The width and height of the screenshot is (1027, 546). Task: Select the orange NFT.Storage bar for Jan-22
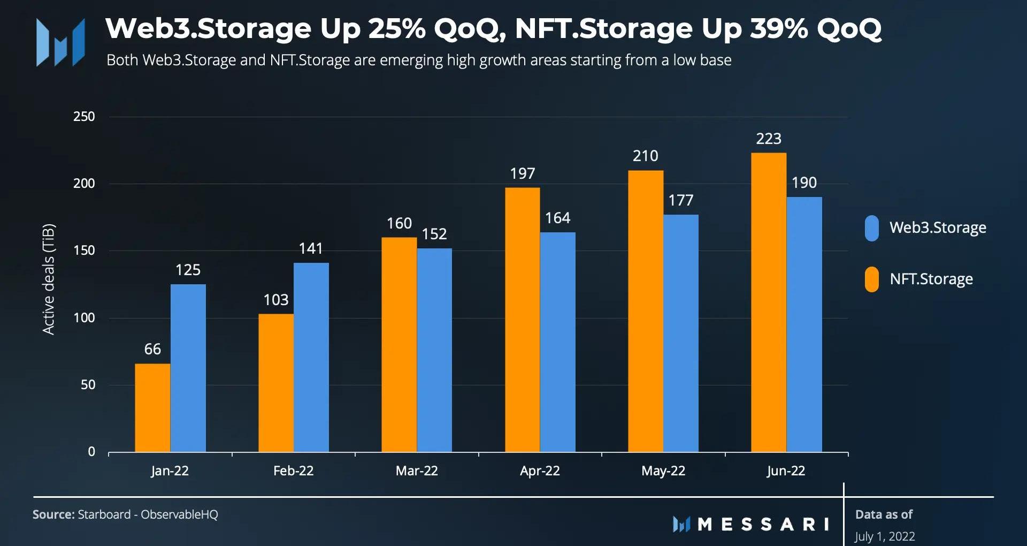152,408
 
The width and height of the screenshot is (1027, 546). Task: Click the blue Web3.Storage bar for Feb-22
311,357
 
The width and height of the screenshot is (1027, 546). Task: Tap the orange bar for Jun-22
769,302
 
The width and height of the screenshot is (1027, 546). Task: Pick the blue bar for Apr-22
558,342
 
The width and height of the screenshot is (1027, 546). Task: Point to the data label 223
769,139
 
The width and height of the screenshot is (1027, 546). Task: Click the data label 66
152,350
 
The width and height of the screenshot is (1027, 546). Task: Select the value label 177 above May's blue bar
681,201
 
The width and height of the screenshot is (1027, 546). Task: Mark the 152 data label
434,234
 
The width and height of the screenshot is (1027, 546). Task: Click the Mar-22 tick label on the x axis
417,471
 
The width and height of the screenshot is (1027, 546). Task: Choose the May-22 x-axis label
663,471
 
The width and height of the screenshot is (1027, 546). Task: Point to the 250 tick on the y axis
84,117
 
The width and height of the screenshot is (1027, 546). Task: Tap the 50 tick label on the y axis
88,385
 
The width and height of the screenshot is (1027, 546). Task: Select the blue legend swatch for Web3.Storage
872,228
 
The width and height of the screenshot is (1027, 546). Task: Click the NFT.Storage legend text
931,279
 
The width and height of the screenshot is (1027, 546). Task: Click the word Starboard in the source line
104,515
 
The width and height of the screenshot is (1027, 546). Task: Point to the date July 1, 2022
885,536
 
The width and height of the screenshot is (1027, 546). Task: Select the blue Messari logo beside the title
60,43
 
